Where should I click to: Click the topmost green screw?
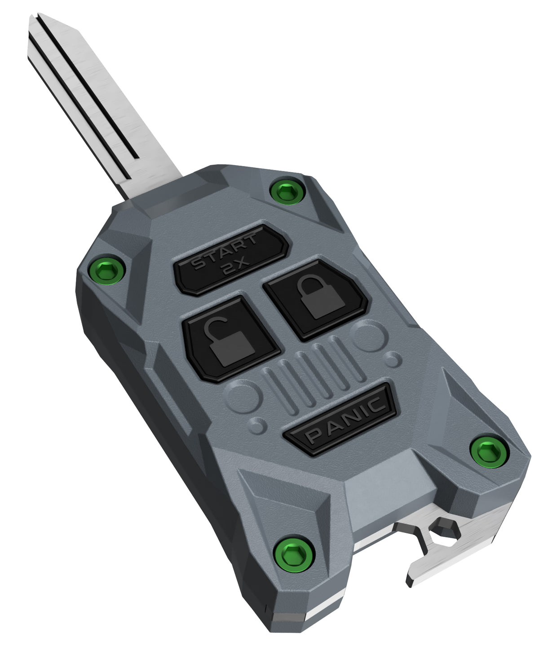point(287,192)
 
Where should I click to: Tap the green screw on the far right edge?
point(489,451)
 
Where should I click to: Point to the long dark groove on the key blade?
point(85,85)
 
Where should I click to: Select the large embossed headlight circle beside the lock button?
point(369,337)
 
